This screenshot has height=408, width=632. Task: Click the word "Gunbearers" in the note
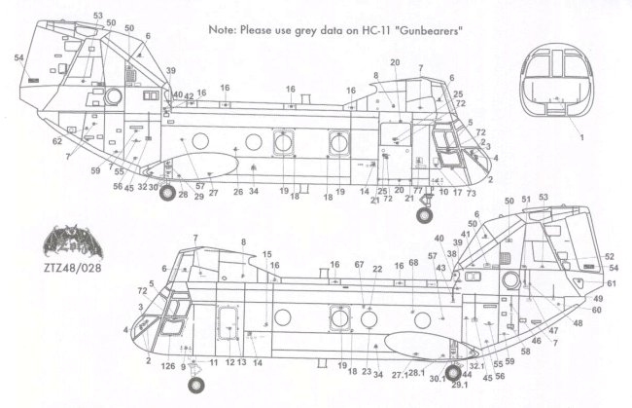point(424,30)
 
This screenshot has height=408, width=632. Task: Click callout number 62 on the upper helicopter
point(57,142)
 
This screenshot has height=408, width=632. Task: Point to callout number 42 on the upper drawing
point(189,94)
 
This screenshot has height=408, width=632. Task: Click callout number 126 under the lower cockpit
point(170,366)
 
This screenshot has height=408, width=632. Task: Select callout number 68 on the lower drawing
point(412,264)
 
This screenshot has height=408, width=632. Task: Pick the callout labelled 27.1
point(400,374)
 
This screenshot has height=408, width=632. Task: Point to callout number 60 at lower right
point(596,310)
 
